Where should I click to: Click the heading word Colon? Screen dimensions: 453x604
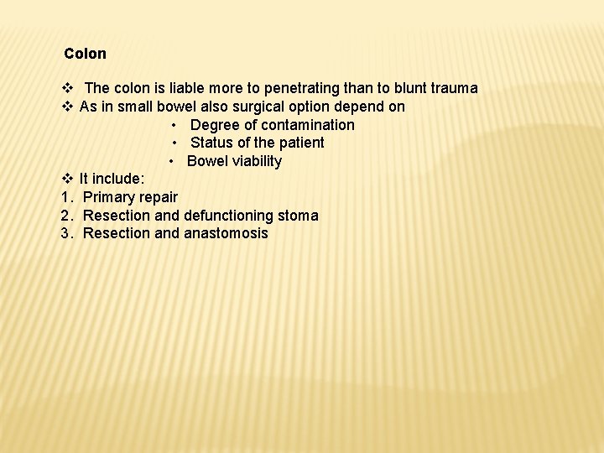pos(85,54)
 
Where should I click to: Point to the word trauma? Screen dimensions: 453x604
pos(453,88)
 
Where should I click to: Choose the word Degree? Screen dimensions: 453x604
pos(215,125)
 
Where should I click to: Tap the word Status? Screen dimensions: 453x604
pos(211,143)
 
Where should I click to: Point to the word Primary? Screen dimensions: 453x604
pos(107,197)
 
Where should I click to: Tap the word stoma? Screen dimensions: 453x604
pos(301,216)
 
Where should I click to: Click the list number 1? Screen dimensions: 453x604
pos(65,197)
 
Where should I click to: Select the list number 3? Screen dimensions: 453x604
pos(65,233)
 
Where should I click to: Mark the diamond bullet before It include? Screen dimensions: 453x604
pos(67,179)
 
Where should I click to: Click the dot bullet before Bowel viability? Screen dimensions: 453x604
pos(171,161)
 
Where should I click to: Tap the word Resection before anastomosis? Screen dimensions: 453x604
pos(117,233)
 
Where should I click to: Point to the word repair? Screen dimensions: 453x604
pos(157,198)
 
